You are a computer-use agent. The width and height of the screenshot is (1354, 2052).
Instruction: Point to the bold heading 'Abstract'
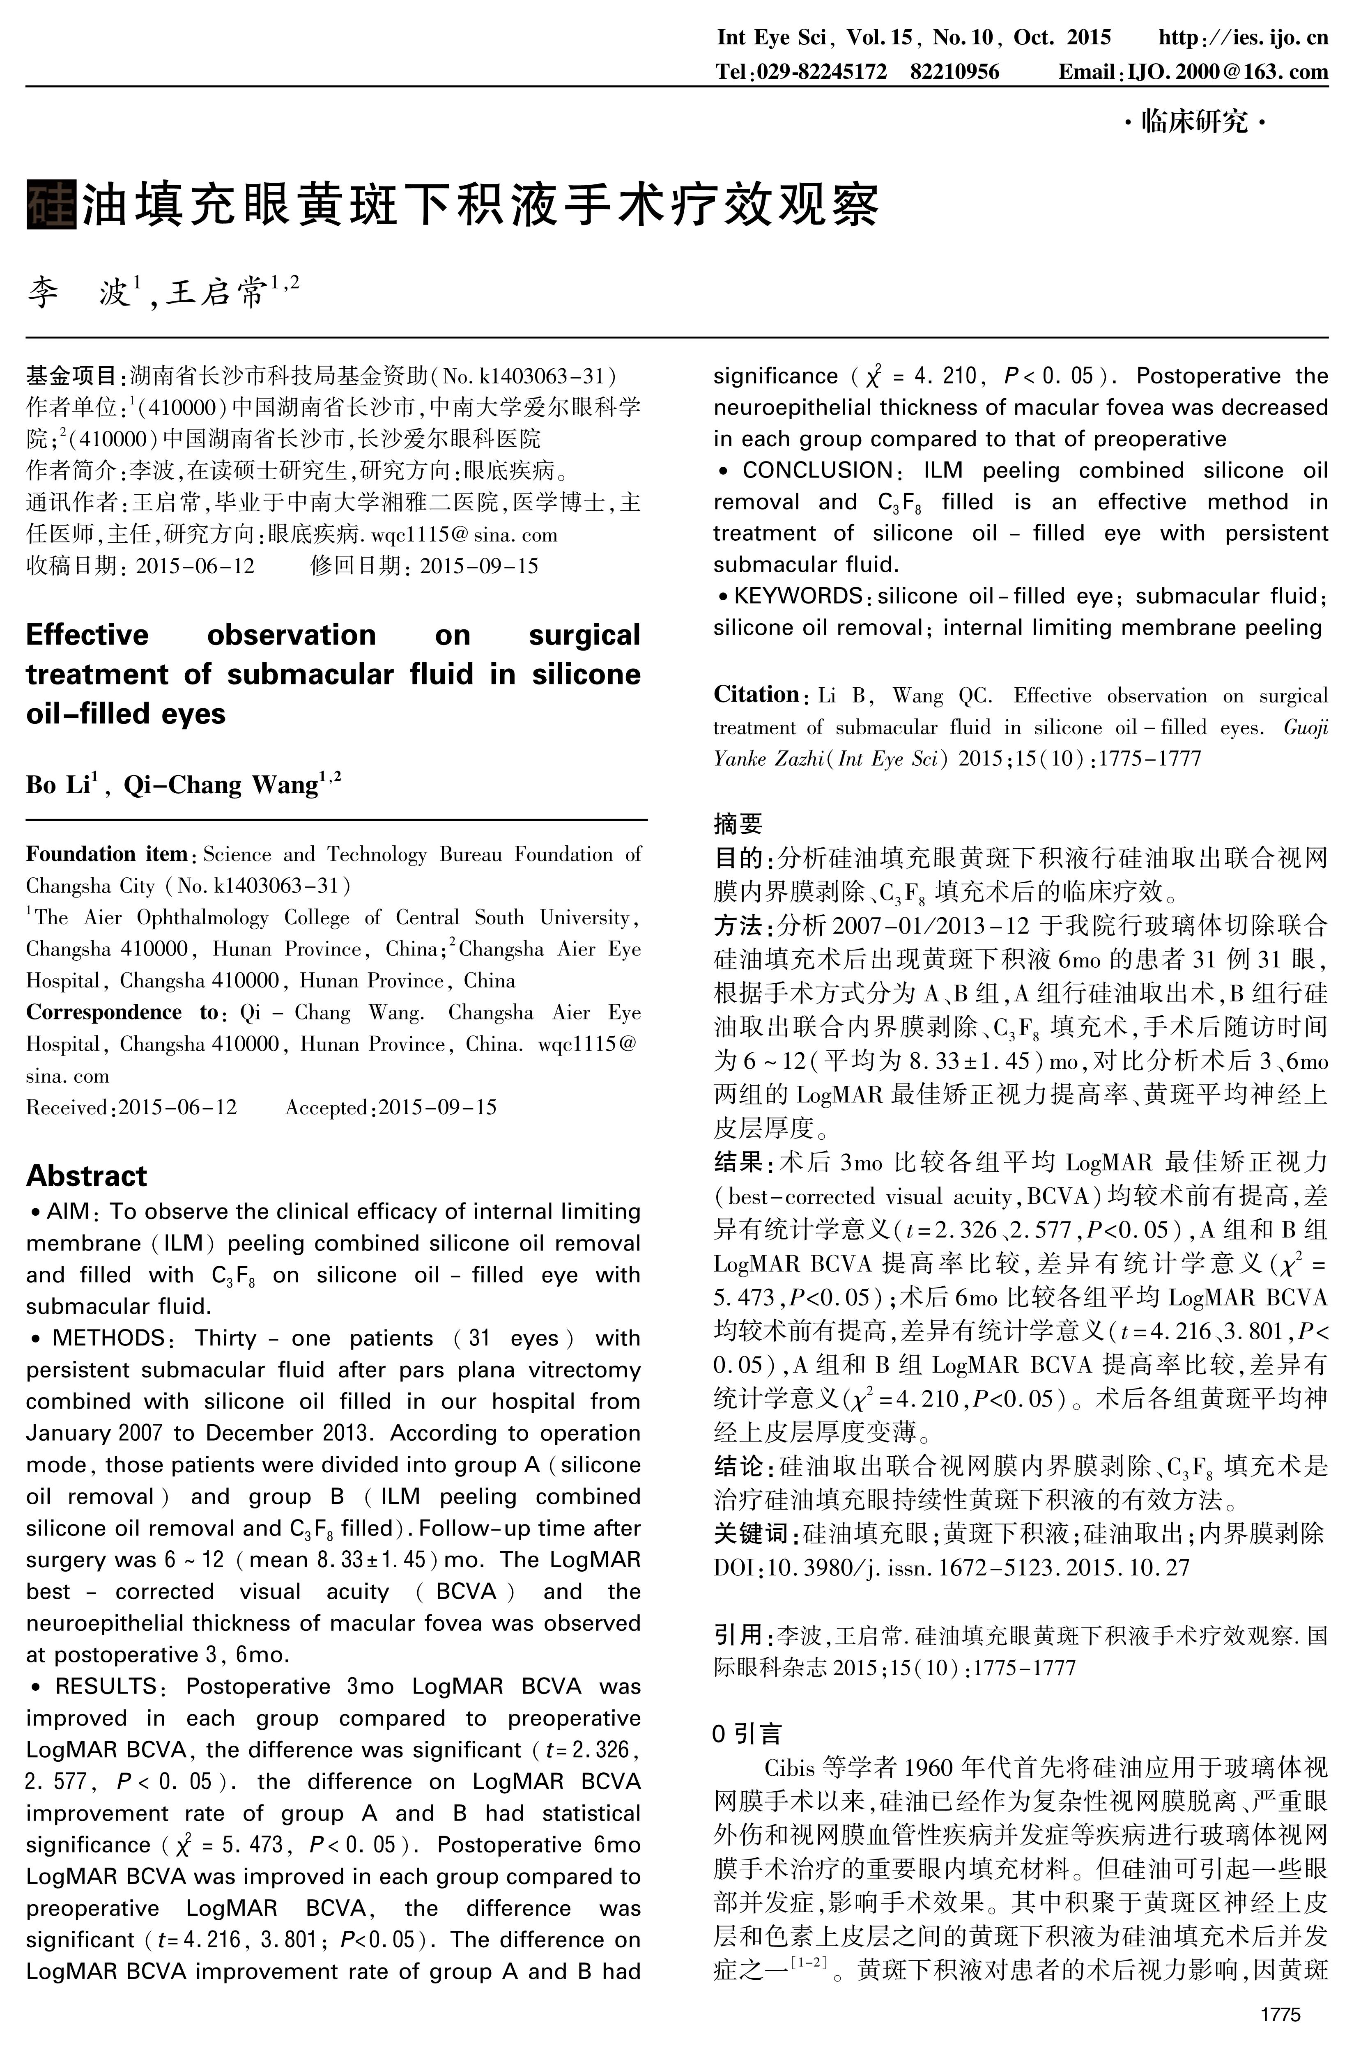click(x=86, y=1176)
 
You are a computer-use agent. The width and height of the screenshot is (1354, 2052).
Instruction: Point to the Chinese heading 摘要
click(x=738, y=824)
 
